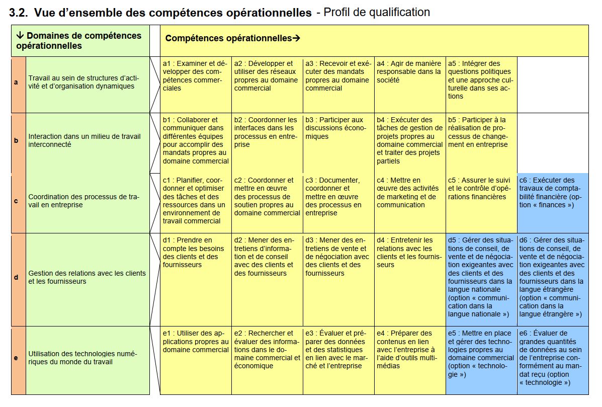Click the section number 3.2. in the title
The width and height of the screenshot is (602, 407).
pos(19,13)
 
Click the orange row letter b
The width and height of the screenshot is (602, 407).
pos(17,141)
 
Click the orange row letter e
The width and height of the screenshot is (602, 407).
pos(17,358)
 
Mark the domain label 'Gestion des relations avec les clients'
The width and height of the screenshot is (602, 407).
pos(87,277)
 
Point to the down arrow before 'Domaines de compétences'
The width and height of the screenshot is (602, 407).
pos(20,36)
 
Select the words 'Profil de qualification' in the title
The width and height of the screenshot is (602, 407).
pos(376,13)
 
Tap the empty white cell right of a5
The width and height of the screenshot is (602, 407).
pos(553,85)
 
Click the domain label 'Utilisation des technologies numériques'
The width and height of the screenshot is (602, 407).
pos(83,358)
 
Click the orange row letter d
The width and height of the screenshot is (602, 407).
pos(17,278)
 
